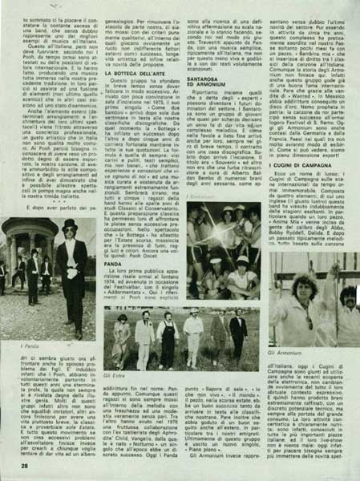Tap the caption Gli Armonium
(282, 351)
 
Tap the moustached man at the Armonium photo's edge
(350, 305)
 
